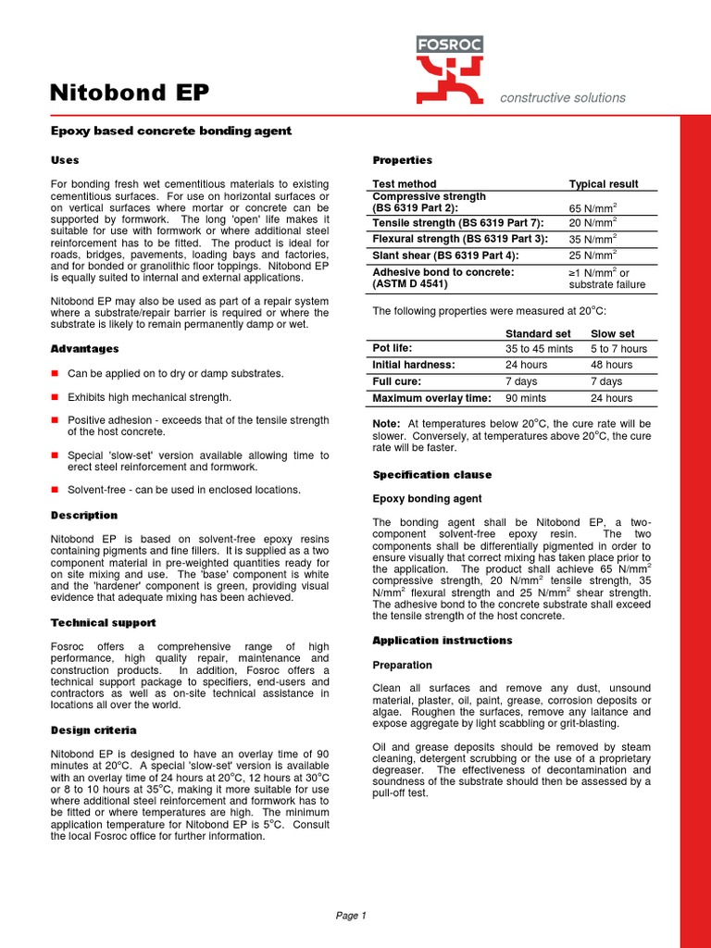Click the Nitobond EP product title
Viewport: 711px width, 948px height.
click(x=129, y=93)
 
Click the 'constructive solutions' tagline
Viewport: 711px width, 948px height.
click(x=563, y=97)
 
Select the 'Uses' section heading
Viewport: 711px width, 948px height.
click(x=65, y=160)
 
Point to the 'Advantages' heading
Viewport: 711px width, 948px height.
click(x=84, y=349)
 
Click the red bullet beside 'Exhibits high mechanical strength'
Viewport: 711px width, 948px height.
click(x=55, y=397)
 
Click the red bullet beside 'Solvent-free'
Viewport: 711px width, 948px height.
click(x=55, y=490)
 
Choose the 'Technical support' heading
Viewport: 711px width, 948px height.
click(x=102, y=623)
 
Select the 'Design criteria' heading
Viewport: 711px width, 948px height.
click(x=94, y=730)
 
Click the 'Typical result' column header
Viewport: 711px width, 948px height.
click(x=603, y=184)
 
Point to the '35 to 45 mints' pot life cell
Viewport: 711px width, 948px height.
click(x=539, y=349)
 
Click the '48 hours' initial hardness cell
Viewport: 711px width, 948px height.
click(x=612, y=365)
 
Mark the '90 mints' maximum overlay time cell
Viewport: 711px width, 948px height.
click(x=526, y=398)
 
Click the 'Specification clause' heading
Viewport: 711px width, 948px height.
click(x=431, y=475)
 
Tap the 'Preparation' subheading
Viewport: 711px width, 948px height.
click(x=402, y=665)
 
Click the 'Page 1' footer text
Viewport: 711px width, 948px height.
click(x=351, y=916)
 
